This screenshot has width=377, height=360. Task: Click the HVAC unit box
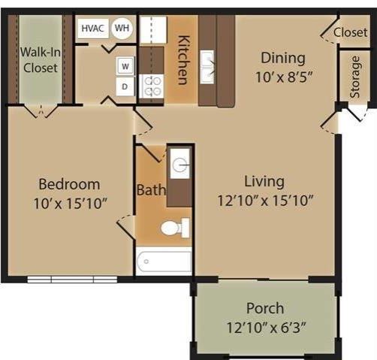(x=92, y=29)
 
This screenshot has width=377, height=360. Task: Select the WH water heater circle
(x=121, y=29)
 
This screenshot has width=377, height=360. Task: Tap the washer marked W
(x=125, y=66)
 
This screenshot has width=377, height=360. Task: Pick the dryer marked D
(x=125, y=86)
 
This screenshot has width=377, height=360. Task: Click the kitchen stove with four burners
(x=152, y=86)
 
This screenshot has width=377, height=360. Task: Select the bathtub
(x=164, y=262)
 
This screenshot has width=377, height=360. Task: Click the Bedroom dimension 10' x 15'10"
(x=69, y=202)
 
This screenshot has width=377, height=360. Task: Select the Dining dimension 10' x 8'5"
(x=282, y=76)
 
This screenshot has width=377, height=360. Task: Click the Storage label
(x=355, y=77)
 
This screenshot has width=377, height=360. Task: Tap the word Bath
(x=151, y=190)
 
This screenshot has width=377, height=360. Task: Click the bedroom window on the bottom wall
(x=72, y=280)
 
